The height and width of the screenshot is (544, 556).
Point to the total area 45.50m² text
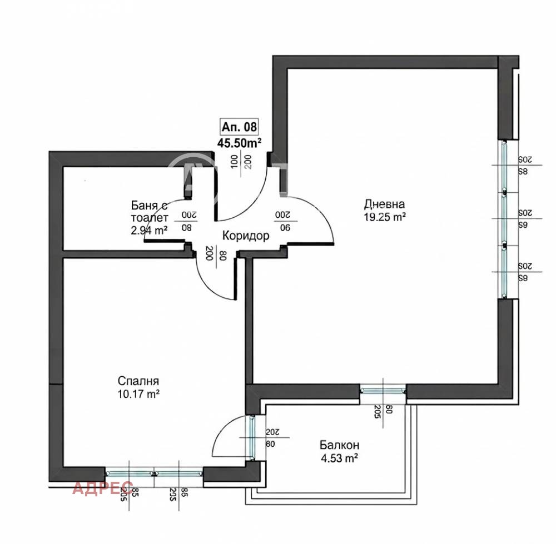click(240, 142)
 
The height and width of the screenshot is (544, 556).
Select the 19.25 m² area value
click(383, 218)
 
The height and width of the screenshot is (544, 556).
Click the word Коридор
click(246, 236)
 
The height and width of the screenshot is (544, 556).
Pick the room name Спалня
click(138, 381)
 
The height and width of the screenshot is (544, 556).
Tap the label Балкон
click(339, 445)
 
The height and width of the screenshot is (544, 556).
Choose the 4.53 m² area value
click(338, 459)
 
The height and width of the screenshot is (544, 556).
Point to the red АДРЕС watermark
click(103, 488)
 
